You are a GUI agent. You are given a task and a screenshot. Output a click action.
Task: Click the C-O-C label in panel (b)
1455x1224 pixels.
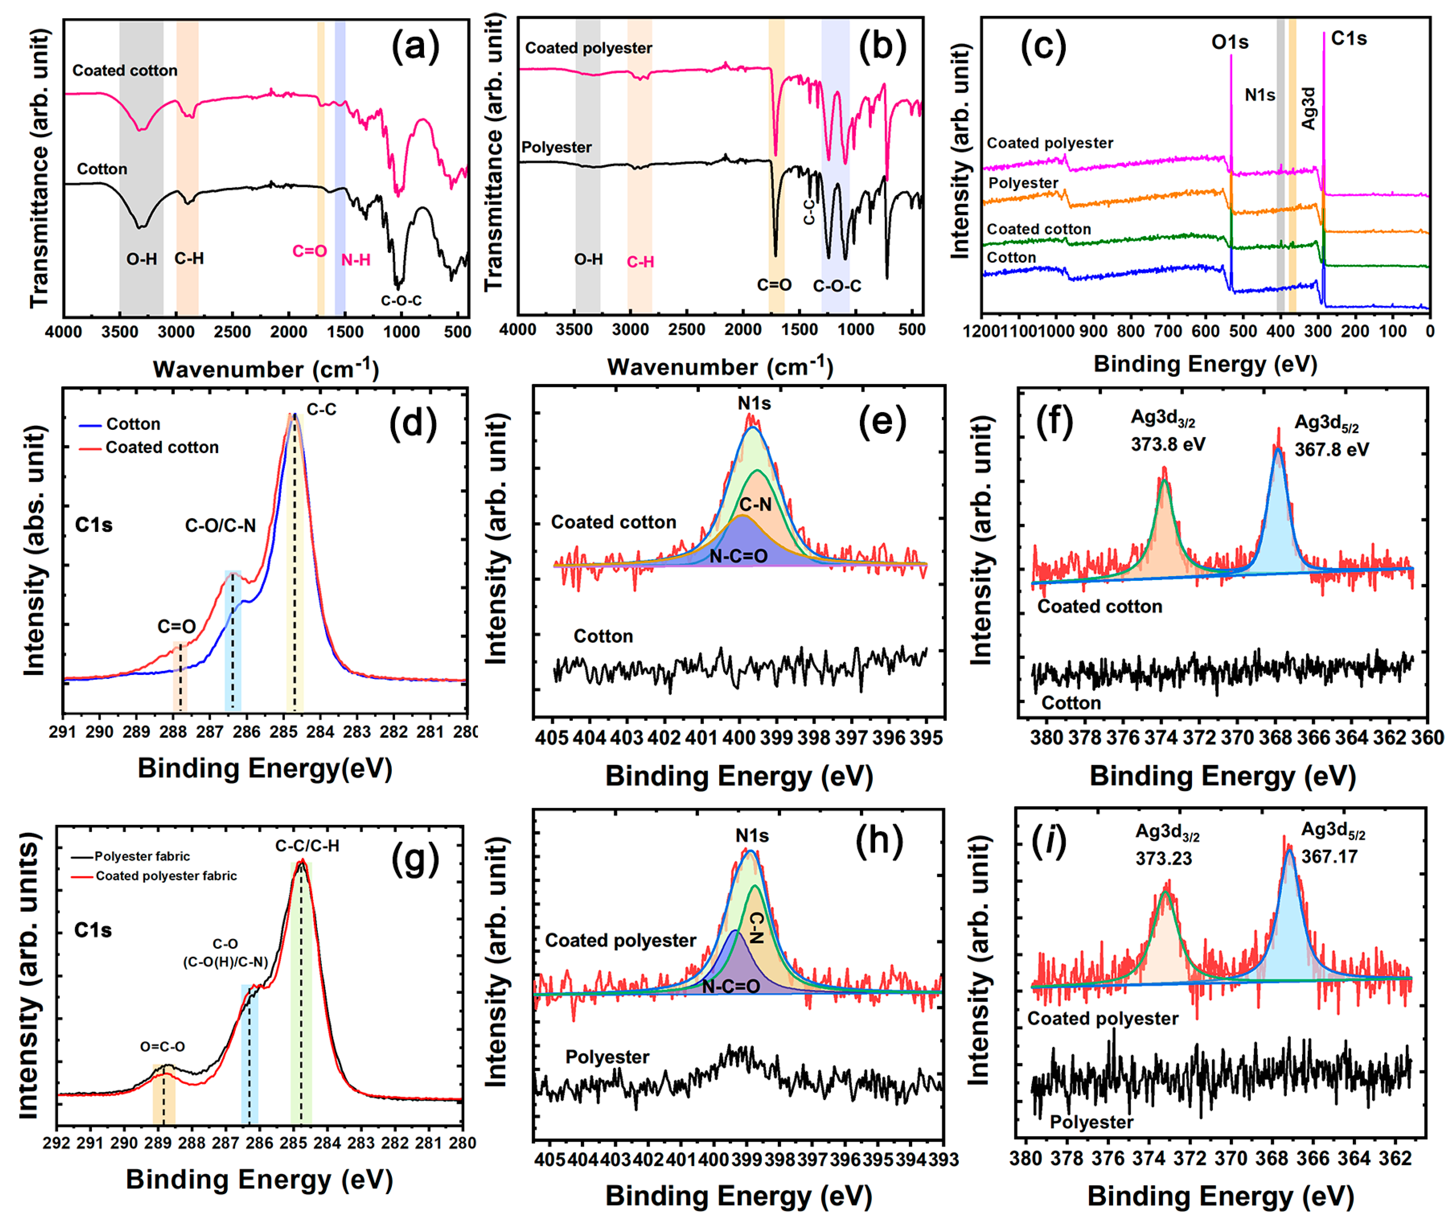tap(837, 286)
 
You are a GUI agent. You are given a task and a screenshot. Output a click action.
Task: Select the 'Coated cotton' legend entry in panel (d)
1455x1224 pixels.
tap(162, 448)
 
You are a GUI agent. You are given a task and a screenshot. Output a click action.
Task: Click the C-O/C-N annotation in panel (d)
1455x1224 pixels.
tap(220, 526)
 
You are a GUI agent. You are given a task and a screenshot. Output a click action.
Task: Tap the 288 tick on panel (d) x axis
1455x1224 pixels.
tap(173, 732)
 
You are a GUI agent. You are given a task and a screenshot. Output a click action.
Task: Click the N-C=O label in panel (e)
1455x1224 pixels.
tap(738, 556)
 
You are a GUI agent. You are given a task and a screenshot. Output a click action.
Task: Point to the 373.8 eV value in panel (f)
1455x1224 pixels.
tap(1168, 444)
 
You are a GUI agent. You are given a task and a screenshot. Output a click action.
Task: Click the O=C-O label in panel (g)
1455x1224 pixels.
tap(162, 1046)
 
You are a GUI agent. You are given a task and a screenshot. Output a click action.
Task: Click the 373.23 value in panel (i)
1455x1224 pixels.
tap(1163, 858)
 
